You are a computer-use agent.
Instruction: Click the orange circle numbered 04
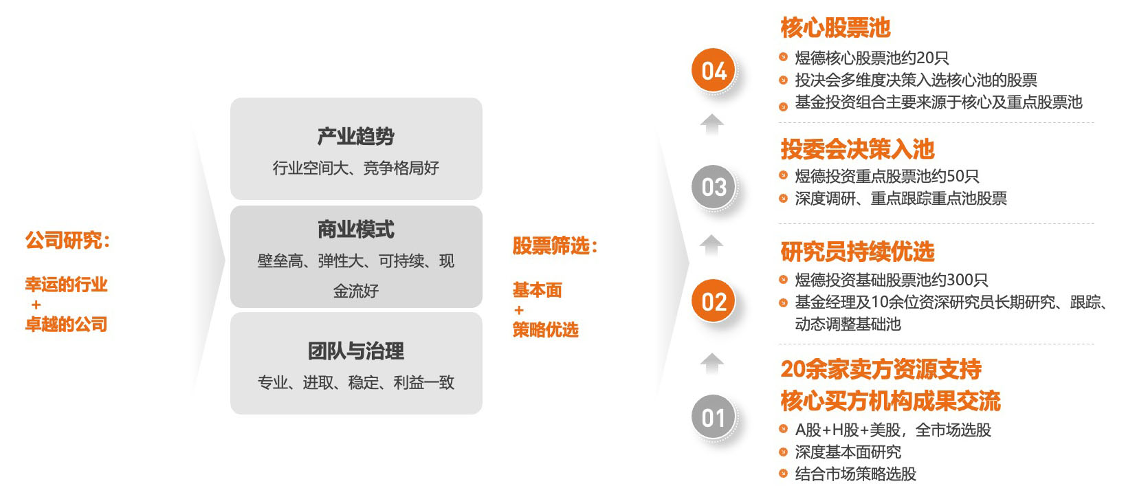click(x=714, y=70)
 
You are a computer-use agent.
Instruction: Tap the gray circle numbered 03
click(x=714, y=186)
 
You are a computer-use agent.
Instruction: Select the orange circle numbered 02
click(x=714, y=301)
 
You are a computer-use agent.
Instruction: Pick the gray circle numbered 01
click(x=714, y=417)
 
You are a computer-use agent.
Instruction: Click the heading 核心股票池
click(x=835, y=27)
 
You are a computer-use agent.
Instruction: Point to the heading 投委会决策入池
click(x=858, y=149)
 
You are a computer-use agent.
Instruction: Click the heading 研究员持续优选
click(x=858, y=252)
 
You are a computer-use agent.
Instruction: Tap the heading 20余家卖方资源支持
click(x=881, y=369)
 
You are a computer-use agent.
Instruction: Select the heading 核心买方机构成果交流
click(x=890, y=401)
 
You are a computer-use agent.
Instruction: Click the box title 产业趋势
click(x=356, y=136)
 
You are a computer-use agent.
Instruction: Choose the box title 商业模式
click(x=356, y=230)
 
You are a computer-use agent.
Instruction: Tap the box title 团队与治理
click(x=356, y=351)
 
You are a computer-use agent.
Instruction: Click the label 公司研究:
click(x=67, y=240)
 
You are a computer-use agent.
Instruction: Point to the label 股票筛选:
click(x=555, y=245)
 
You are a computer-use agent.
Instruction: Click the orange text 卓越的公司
click(x=67, y=324)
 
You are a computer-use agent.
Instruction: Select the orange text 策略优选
click(x=545, y=330)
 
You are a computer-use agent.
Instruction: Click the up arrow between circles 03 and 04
click(x=711, y=124)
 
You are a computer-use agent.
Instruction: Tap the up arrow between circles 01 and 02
click(x=711, y=364)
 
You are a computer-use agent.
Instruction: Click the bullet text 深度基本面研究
click(x=848, y=452)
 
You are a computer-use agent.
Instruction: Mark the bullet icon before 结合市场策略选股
click(x=783, y=473)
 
